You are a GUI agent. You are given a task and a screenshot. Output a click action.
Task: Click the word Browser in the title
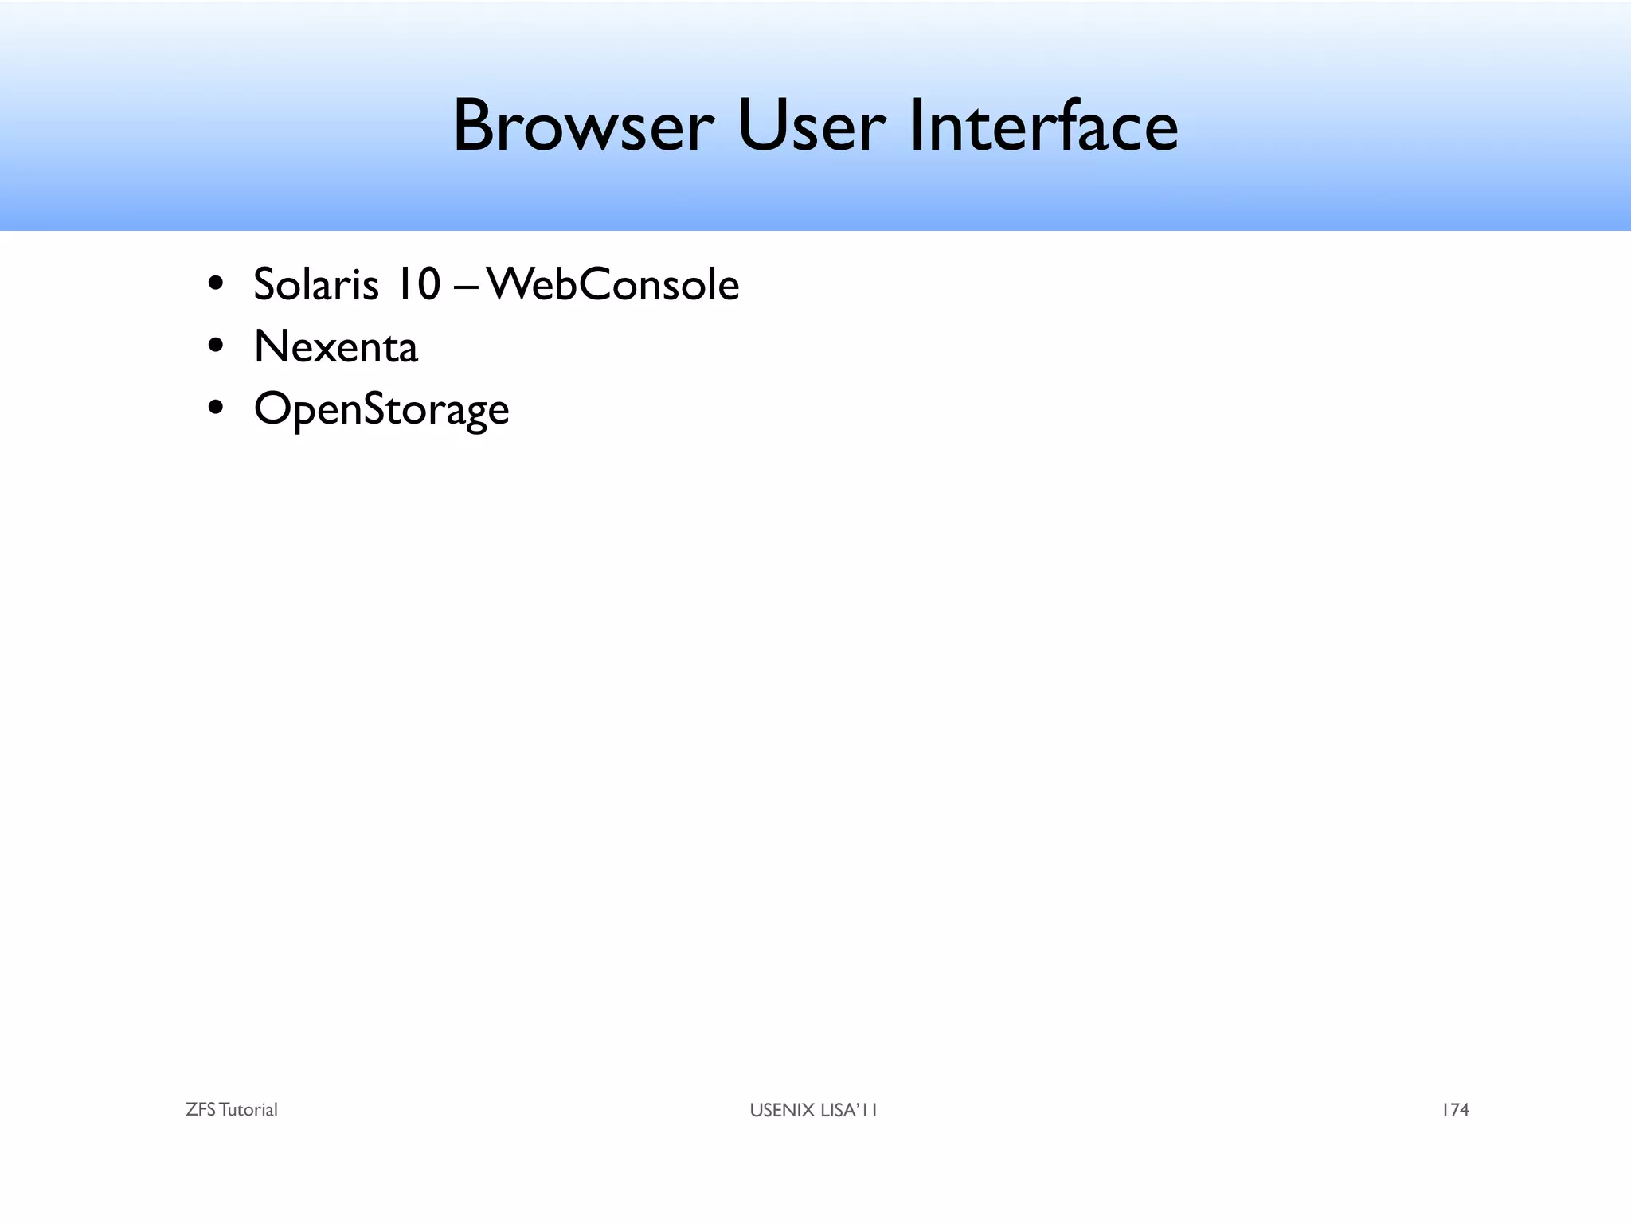582,127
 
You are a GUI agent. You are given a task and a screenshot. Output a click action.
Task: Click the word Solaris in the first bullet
315,284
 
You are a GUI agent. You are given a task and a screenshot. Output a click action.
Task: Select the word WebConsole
613,284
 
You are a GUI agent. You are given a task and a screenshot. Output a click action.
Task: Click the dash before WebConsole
466,287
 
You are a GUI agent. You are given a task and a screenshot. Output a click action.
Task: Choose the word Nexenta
335,347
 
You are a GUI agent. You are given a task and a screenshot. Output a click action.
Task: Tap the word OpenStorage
381,409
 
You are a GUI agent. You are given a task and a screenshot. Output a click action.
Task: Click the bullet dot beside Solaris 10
215,284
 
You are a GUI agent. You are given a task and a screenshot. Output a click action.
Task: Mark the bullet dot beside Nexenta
215,346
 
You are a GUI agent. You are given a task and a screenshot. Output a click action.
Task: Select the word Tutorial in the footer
248,1110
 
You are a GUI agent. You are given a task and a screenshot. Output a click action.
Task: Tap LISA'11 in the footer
849,1110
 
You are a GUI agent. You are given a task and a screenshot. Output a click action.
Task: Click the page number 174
1455,1110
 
